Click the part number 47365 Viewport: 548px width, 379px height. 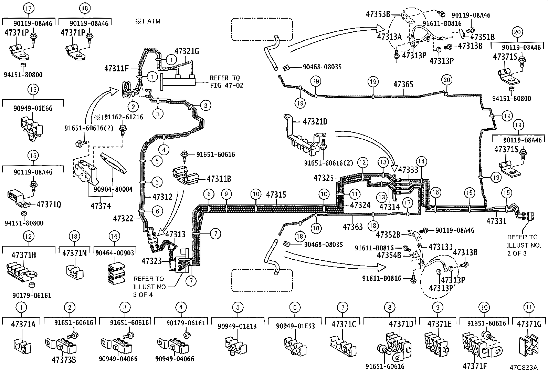pyautogui.click(x=403, y=84)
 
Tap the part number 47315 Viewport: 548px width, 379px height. pyautogui.click(x=276, y=195)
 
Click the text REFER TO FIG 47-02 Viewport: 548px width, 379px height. pyautogui.click(x=226, y=81)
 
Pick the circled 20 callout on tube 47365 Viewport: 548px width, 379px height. pyautogui.click(x=446, y=80)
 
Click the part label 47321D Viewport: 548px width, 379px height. pyautogui.click(x=315, y=121)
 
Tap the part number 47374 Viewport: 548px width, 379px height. pyautogui.click(x=101, y=206)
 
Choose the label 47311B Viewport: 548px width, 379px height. pyautogui.click(x=219, y=179)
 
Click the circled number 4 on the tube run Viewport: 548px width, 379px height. pyautogui.click(x=164, y=150)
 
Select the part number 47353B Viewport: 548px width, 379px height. pyautogui.click(x=378, y=14)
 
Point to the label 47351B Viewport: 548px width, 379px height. pyautogui.click(x=482, y=37)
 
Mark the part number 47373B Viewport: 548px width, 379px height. pyautogui.click(x=64, y=359)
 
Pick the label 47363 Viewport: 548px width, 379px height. pyautogui.click(x=352, y=227)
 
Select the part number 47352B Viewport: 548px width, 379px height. pyautogui.click(x=388, y=235)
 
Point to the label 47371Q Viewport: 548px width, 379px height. pyautogui.click(x=49, y=205)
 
